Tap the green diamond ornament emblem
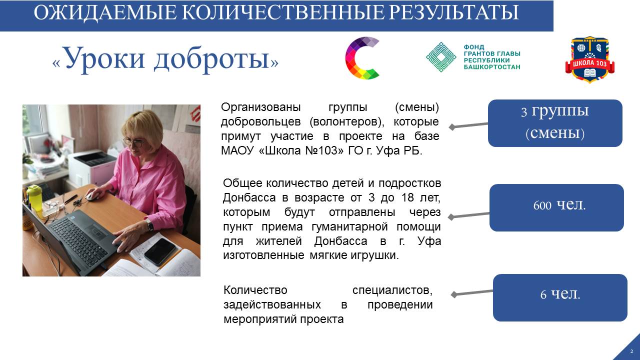point(441,57)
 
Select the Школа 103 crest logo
point(589,59)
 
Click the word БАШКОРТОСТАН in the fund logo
point(491,67)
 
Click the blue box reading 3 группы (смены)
point(555,123)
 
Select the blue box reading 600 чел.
point(556,207)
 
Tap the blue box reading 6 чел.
point(560,297)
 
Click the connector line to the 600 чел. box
point(469,215)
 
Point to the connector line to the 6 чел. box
point(472,293)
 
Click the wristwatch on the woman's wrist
point(149,225)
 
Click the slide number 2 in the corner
point(631,351)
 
